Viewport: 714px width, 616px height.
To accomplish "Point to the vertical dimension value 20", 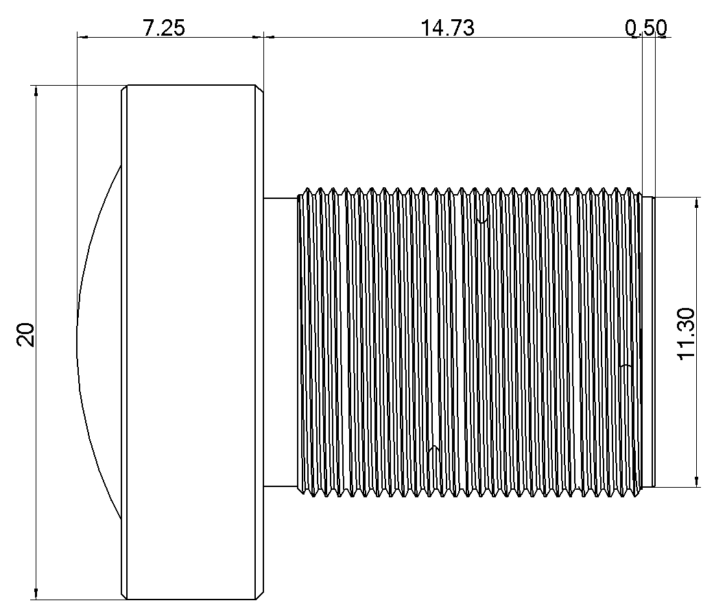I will coord(26,335).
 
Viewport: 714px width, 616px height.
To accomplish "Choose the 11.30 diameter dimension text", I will coord(687,334).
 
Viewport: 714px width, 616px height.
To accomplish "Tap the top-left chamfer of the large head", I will coord(125,90).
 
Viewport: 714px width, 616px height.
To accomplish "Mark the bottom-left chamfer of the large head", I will coord(125,595).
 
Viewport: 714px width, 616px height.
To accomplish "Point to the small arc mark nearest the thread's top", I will coord(483,221).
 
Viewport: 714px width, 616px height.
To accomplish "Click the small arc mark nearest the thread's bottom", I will coord(432,450).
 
